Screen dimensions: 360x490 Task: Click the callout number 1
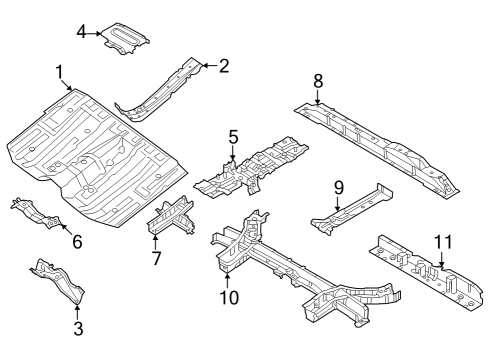(59, 72)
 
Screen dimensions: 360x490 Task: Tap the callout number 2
(223, 67)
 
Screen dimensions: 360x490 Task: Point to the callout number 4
(81, 32)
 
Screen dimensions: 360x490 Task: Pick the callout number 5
(232, 136)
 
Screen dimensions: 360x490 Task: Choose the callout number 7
(155, 259)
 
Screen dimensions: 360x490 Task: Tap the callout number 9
(338, 187)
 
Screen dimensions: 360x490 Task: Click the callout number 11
(443, 241)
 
